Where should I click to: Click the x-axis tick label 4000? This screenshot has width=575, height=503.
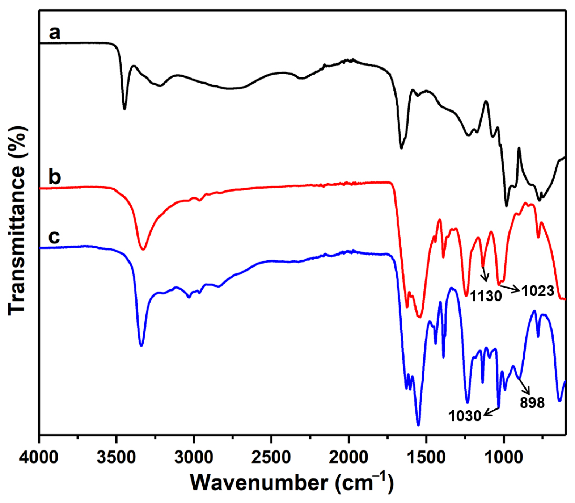[x=39, y=457]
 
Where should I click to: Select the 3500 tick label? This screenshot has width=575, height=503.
[x=116, y=457]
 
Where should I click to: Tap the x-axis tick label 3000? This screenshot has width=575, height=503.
[x=194, y=457]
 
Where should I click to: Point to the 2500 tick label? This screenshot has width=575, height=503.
[x=271, y=457]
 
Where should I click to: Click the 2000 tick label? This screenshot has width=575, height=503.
[x=348, y=457]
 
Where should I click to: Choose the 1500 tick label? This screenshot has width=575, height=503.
[x=426, y=457]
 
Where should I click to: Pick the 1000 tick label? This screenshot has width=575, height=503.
[x=503, y=457]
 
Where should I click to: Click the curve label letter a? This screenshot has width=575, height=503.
[x=55, y=33]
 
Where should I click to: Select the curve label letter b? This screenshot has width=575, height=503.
[x=55, y=177]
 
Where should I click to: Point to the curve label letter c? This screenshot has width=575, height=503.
[x=54, y=237]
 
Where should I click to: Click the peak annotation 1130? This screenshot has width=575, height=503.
[x=486, y=296]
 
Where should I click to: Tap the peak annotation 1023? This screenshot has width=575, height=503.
[x=538, y=291]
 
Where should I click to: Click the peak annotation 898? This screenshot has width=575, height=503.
[x=532, y=403]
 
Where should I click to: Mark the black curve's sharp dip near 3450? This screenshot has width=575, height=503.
[x=124, y=108]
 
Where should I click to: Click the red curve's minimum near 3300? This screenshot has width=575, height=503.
[x=143, y=249]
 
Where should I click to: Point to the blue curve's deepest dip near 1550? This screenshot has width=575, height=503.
[x=419, y=425]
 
